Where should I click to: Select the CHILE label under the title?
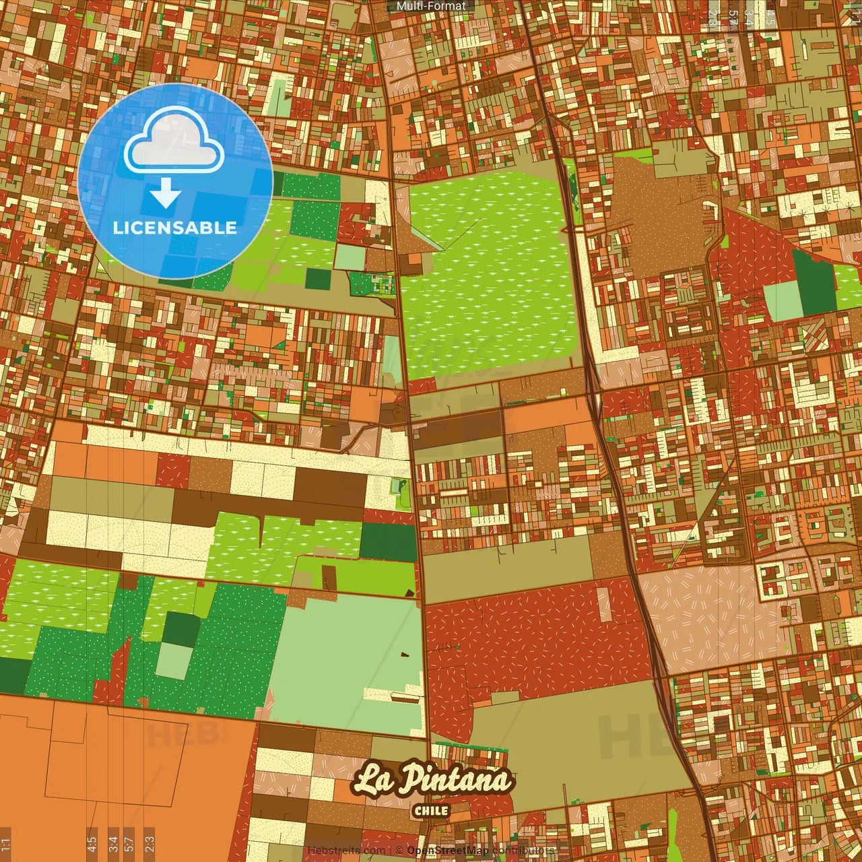tap(431, 810)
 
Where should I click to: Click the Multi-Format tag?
tap(431, 6)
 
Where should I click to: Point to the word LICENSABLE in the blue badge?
tap(175, 228)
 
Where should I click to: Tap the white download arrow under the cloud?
tap(166, 195)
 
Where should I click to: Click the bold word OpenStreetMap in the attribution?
tap(448, 851)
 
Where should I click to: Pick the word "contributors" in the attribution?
tap(523, 851)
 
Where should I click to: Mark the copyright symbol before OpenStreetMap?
tap(399, 851)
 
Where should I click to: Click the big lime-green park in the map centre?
tap(488, 269)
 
